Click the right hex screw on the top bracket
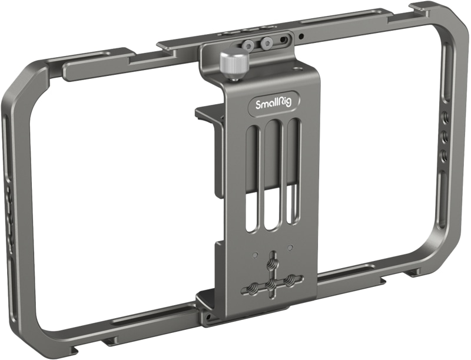point(268,42)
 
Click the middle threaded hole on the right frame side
point(445,137)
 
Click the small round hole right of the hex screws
point(301,36)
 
